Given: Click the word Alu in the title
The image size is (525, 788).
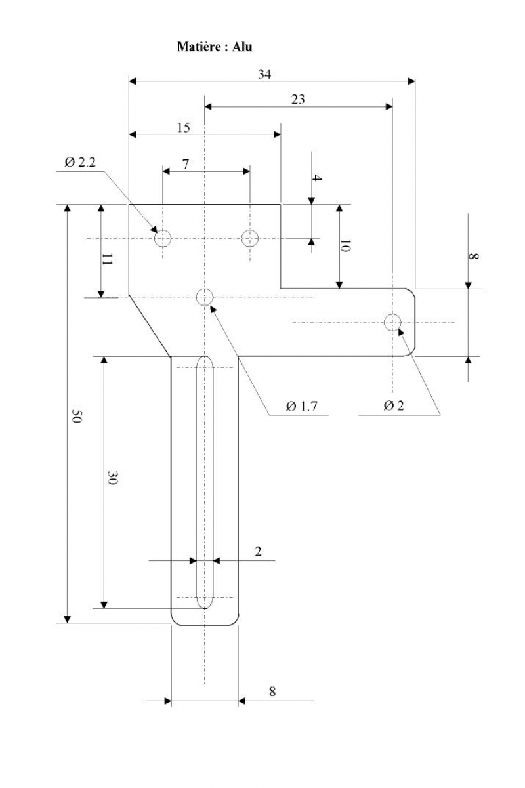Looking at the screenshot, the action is pyautogui.click(x=242, y=47).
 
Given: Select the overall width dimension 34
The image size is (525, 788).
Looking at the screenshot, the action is pyautogui.click(x=264, y=75).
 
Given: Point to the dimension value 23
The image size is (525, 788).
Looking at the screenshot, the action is pyautogui.click(x=298, y=100).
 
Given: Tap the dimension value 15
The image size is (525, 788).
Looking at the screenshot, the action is pyautogui.click(x=183, y=127).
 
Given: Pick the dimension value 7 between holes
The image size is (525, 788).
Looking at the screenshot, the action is pyautogui.click(x=186, y=164).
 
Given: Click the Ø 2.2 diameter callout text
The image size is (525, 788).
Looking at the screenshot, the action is pyautogui.click(x=80, y=163).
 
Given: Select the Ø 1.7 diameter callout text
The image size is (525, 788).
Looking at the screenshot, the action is pyautogui.click(x=302, y=407).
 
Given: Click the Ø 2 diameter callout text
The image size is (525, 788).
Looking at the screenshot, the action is pyautogui.click(x=394, y=406).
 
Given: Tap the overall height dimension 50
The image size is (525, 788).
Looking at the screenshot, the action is pyautogui.click(x=77, y=416).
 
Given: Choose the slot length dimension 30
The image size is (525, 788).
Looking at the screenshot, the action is pyautogui.click(x=112, y=478).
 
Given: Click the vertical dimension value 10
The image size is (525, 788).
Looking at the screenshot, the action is pyautogui.click(x=346, y=246).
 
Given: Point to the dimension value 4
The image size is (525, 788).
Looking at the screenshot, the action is pyautogui.click(x=317, y=178).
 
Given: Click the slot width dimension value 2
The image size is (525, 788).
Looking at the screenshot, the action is pyautogui.click(x=259, y=551).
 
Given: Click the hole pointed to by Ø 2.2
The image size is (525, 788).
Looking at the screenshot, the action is pyautogui.click(x=163, y=239).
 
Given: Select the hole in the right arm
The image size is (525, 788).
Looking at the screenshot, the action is pyautogui.click(x=392, y=322).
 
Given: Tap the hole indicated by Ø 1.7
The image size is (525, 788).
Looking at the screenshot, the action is pyautogui.click(x=205, y=297).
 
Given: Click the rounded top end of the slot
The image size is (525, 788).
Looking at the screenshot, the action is pyautogui.click(x=205, y=357).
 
